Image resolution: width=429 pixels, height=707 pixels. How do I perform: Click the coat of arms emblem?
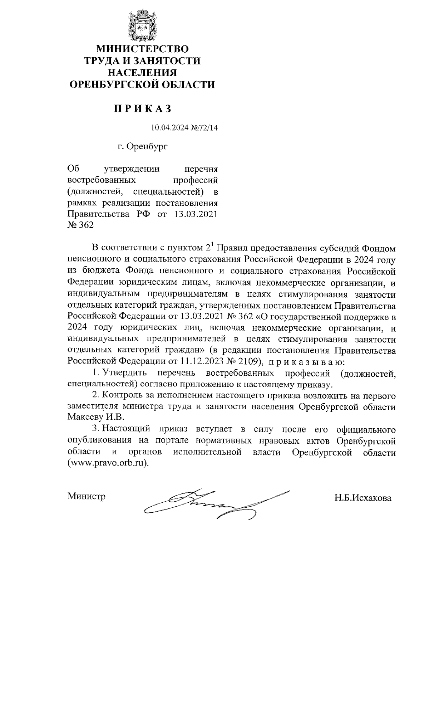tap(143, 26)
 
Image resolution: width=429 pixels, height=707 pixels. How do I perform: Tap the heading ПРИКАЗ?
tap(143, 108)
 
